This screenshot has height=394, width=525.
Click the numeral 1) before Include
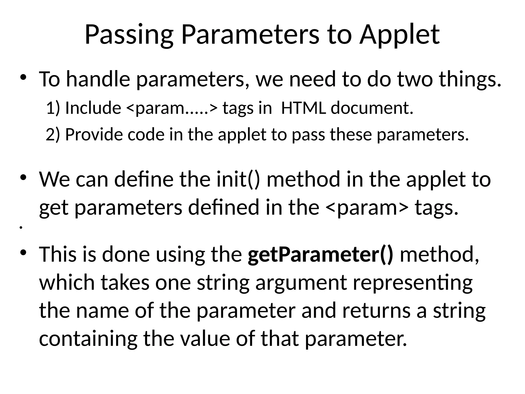(x=53, y=108)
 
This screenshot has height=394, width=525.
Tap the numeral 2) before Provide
(x=53, y=134)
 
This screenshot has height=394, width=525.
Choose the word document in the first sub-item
(x=372, y=108)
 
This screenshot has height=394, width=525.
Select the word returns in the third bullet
(x=382, y=311)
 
